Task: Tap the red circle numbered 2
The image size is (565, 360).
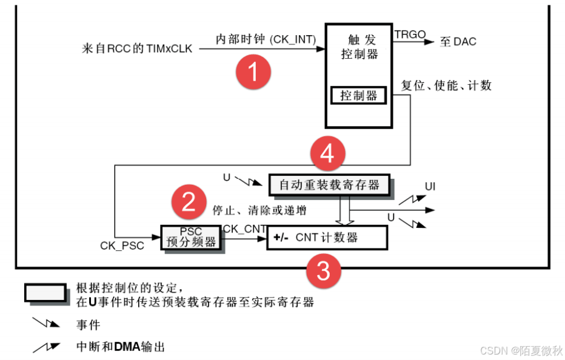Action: tap(190, 201)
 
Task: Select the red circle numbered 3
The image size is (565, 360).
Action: tap(324, 271)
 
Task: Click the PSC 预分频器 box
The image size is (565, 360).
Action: tap(190, 238)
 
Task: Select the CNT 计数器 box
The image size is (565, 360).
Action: tap(327, 237)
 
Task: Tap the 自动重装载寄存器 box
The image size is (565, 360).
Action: tap(329, 184)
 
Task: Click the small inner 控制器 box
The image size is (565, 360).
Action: tap(358, 95)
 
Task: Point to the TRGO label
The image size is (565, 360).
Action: tap(410, 35)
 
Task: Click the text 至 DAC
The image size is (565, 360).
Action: tap(458, 42)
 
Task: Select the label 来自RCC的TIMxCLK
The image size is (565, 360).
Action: tap(137, 48)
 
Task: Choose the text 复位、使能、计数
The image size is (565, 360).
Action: tap(446, 85)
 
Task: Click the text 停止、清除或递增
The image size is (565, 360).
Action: tap(259, 210)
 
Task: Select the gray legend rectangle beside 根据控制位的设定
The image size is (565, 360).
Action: tap(45, 292)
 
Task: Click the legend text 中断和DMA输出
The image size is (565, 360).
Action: tap(120, 347)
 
